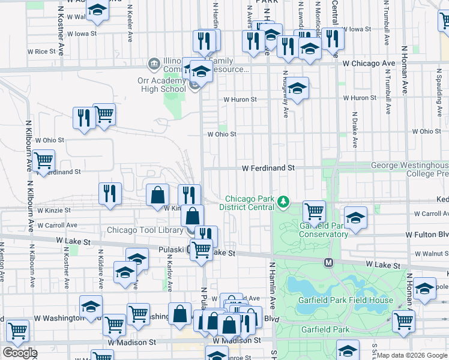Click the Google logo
click(x=20, y=353)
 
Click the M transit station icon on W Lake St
click(x=329, y=262)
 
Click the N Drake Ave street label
click(x=355, y=130)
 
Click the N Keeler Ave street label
click(x=130, y=24)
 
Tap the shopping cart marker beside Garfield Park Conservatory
click(x=314, y=211)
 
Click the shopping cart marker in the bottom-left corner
click(x=17, y=330)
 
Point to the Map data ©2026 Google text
click(x=412, y=355)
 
